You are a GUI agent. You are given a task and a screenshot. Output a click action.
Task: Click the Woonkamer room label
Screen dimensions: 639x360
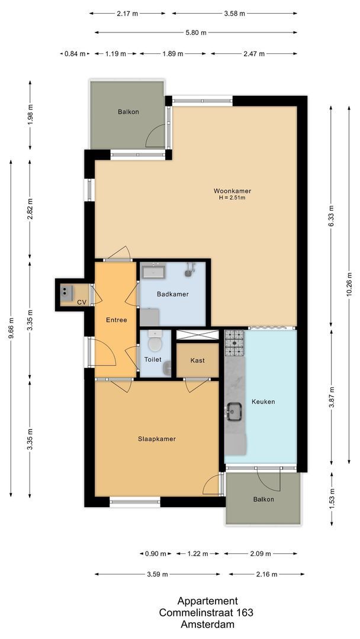pyautogui.click(x=232, y=191)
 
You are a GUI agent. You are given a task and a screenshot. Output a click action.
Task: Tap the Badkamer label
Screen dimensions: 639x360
pyautogui.click(x=172, y=294)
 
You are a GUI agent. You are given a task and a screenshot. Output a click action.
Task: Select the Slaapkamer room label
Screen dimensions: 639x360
pyautogui.click(x=156, y=439)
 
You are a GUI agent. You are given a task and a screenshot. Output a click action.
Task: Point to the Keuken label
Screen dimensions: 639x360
pyautogui.click(x=263, y=402)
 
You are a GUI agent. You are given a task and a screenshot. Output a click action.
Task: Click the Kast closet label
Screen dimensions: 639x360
pyautogui.click(x=198, y=360)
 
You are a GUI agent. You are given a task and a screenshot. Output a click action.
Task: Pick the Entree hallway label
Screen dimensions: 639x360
pyautogui.click(x=116, y=320)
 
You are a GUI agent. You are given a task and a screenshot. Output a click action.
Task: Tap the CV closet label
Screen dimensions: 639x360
pyautogui.click(x=81, y=303)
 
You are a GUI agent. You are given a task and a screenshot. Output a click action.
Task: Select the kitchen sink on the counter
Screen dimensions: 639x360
pyautogui.click(x=234, y=409)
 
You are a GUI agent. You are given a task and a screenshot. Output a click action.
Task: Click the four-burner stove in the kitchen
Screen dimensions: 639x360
pyautogui.click(x=234, y=343)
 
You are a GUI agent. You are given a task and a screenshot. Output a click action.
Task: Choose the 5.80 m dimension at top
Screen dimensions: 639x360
pyautogui.click(x=195, y=33)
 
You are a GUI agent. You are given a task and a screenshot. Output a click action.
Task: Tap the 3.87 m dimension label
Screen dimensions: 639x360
pyautogui.click(x=332, y=397)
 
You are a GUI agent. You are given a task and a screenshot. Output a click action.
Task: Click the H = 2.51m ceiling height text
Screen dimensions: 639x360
pyautogui.click(x=232, y=198)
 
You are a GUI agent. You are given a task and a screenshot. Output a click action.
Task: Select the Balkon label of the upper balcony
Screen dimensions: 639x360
pyautogui.click(x=128, y=111)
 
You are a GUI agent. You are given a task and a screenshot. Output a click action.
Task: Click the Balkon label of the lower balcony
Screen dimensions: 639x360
pyautogui.click(x=263, y=499)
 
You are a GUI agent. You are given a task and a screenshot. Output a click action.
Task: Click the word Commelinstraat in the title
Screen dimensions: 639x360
pyautogui.click(x=187, y=612)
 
